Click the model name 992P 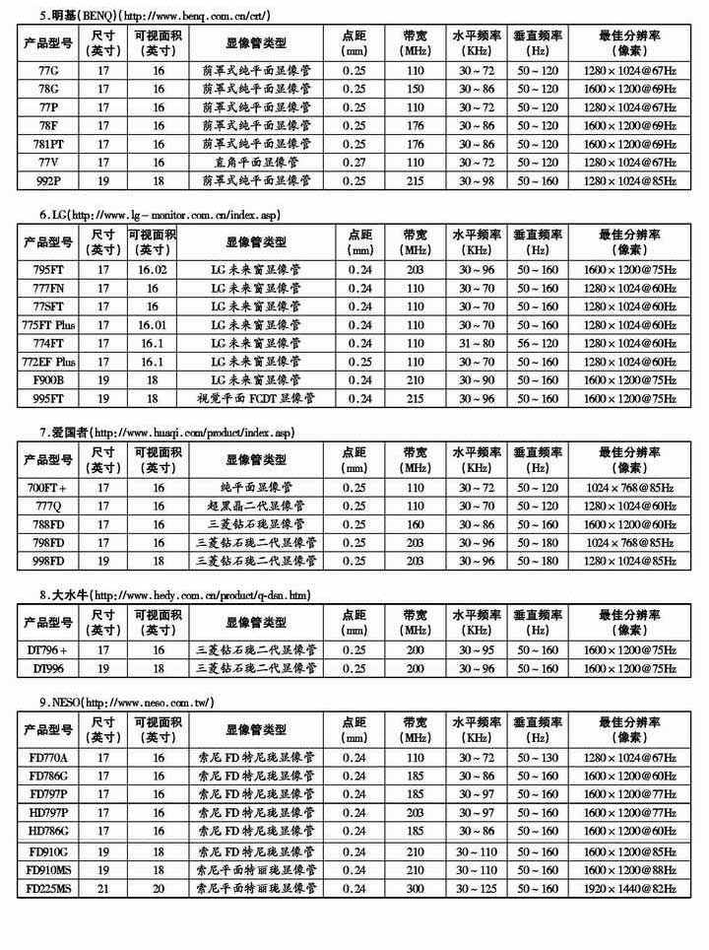47,180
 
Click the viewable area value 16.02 154,269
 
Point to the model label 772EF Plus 47,362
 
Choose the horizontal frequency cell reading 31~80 477,344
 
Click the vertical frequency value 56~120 538,344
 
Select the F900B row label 47,380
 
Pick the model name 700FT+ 47,487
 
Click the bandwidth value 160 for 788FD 414,524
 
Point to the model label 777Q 47,506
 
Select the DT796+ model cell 47,650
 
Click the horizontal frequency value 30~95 477,650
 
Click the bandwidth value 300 414,889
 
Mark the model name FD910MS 47,870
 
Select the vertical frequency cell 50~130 538,757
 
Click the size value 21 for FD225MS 102,889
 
